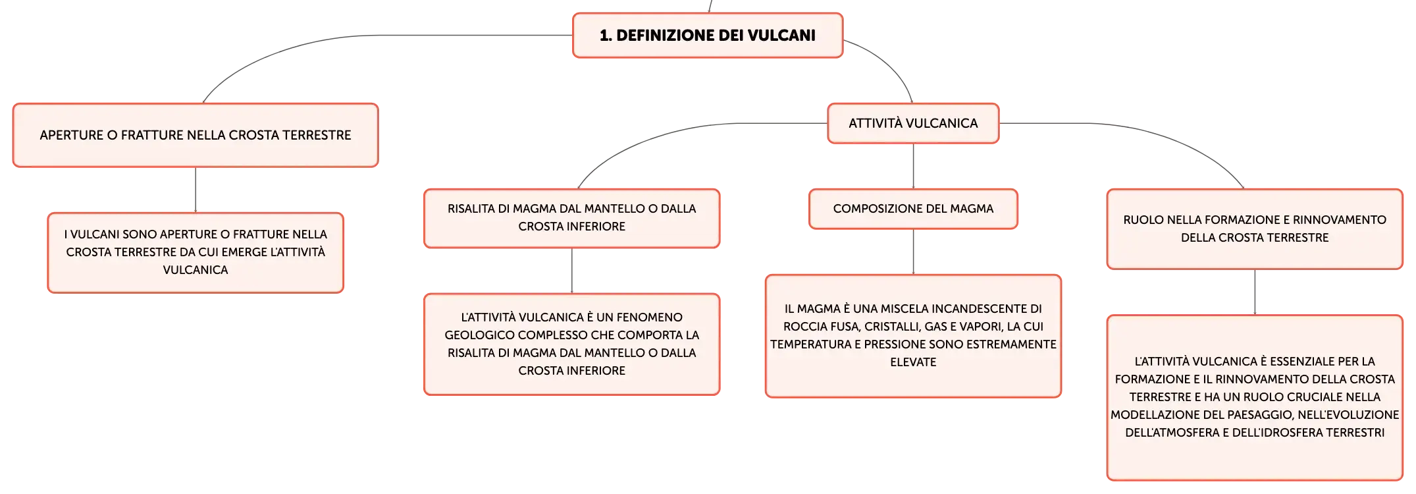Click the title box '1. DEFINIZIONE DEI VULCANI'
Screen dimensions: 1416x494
coord(708,36)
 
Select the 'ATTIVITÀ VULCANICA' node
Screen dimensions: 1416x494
coord(913,123)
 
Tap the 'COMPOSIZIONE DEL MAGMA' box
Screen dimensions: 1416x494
coord(913,209)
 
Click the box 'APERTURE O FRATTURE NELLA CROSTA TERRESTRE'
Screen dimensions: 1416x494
coord(196,135)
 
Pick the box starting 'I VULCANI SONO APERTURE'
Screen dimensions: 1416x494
coord(196,252)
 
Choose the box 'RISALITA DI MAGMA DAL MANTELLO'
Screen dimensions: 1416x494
coord(571,218)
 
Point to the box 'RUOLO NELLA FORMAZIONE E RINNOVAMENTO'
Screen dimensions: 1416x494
coord(1255,229)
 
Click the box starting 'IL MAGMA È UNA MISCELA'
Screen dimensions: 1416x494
coord(913,336)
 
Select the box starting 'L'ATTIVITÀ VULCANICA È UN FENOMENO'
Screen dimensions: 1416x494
coord(571,344)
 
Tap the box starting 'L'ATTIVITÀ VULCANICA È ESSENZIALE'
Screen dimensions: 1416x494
coord(1255,397)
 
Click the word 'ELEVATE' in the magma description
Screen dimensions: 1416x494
coord(913,362)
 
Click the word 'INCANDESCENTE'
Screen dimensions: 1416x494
coord(980,309)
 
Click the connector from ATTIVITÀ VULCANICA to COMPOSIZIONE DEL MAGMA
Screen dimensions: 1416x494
coord(913,166)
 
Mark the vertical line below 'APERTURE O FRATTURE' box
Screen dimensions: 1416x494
coord(196,190)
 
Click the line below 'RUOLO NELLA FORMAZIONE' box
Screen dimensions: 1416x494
coord(1255,292)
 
